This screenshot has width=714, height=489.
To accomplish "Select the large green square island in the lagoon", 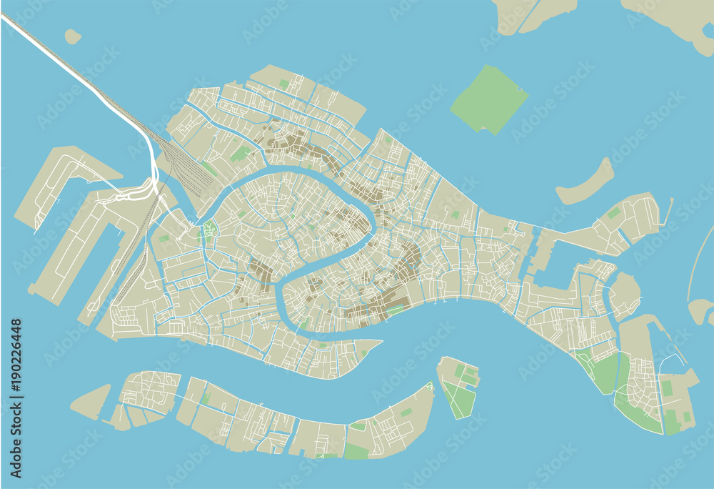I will click(489, 99).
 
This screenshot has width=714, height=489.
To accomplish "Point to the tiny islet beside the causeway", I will click(72, 36).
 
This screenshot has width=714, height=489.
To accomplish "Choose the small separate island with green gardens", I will click(458, 387).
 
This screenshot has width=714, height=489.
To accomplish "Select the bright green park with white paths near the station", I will click(209, 229).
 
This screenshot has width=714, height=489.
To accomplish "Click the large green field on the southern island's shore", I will click(356, 451).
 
